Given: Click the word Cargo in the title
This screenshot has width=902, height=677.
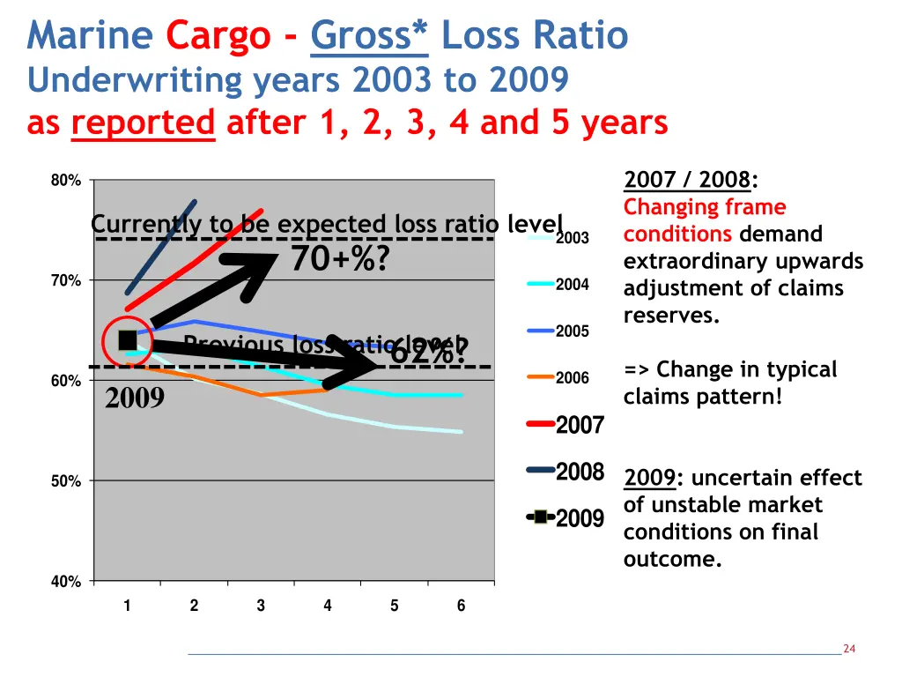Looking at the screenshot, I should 218,36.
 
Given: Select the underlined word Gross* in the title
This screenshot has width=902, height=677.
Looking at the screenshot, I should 369,36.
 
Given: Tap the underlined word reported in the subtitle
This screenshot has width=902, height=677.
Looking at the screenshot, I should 144,123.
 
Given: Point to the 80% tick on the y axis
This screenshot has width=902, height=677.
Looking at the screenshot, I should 66,181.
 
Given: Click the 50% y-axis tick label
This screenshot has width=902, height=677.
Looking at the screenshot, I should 66,481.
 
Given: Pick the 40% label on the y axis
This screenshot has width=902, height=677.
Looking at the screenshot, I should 66,582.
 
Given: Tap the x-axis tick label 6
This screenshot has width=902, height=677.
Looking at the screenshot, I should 461,606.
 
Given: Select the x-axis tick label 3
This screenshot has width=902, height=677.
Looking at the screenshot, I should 261,606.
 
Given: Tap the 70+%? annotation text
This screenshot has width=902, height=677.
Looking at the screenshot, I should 340,260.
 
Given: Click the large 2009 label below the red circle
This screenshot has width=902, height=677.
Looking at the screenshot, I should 135,399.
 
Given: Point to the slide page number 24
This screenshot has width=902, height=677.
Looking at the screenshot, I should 849,649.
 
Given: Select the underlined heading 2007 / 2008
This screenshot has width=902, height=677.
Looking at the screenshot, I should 687,181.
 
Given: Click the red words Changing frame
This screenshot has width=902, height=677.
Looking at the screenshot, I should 705,207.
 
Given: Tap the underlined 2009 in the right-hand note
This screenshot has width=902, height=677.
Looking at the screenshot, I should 649,478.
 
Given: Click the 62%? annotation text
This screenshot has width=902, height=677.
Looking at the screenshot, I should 429,353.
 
